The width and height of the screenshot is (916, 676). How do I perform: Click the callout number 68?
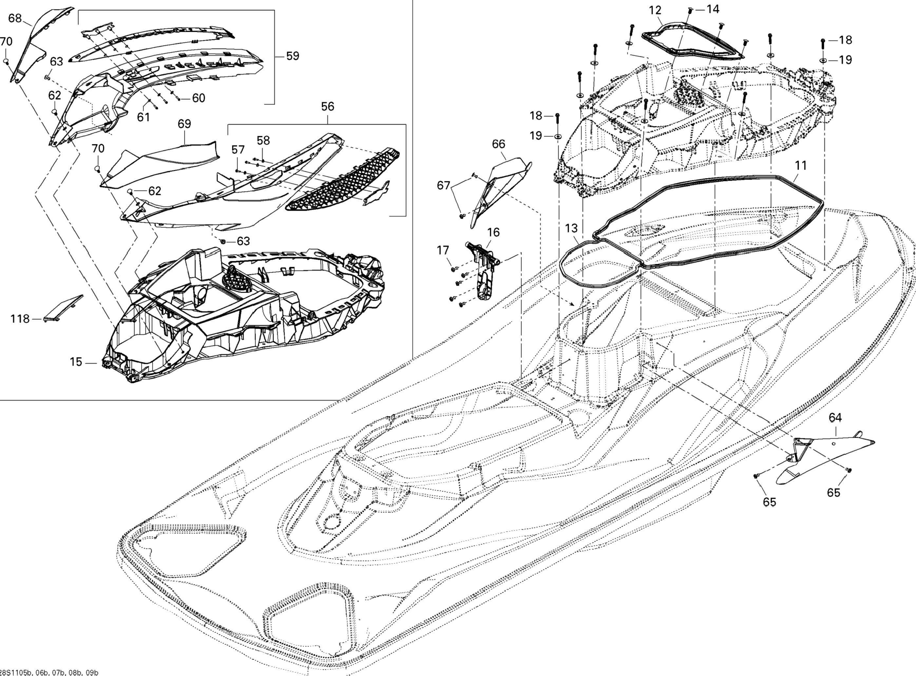pyautogui.click(x=15, y=18)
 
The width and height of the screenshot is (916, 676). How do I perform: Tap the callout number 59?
pyautogui.click(x=292, y=56)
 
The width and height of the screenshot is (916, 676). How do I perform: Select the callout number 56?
pyautogui.click(x=327, y=107)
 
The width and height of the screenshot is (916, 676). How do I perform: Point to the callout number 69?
pyautogui.click(x=184, y=124)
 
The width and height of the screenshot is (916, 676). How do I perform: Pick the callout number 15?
pyautogui.click(x=76, y=362)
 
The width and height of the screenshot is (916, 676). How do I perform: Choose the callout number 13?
pyautogui.click(x=571, y=228)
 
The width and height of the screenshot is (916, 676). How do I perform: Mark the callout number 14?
pyautogui.click(x=713, y=9)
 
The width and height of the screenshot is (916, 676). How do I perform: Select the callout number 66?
pyautogui.click(x=498, y=144)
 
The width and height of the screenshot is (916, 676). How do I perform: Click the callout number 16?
pyautogui.click(x=493, y=232)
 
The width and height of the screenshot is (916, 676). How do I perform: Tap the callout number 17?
pyautogui.click(x=443, y=250)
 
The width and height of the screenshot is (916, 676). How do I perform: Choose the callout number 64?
pyautogui.click(x=835, y=418)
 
